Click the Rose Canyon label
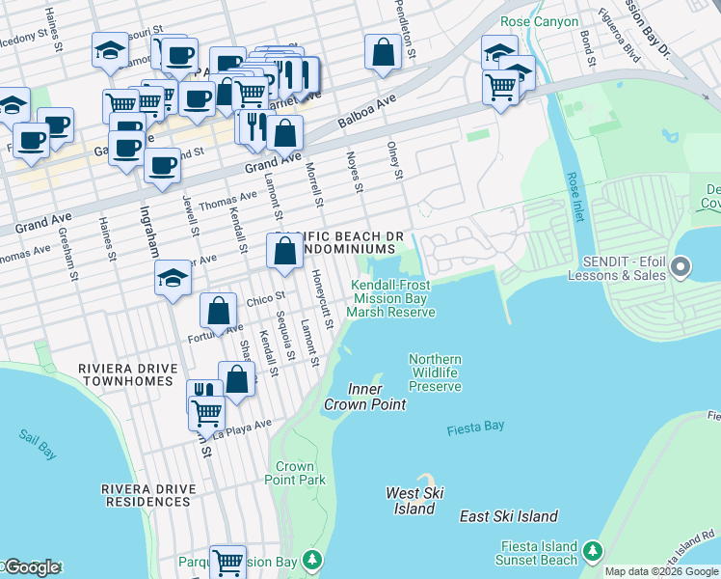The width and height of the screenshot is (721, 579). click(540, 21)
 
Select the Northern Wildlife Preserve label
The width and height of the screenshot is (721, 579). click(435, 372)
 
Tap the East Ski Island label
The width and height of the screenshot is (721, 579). click(509, 516)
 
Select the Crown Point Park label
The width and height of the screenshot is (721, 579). click(294, 473)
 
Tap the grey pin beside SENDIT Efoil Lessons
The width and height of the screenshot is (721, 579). click(681, 266)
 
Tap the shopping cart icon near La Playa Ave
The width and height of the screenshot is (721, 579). click(206, 413)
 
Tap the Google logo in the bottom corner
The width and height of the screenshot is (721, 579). click(31, 567)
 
